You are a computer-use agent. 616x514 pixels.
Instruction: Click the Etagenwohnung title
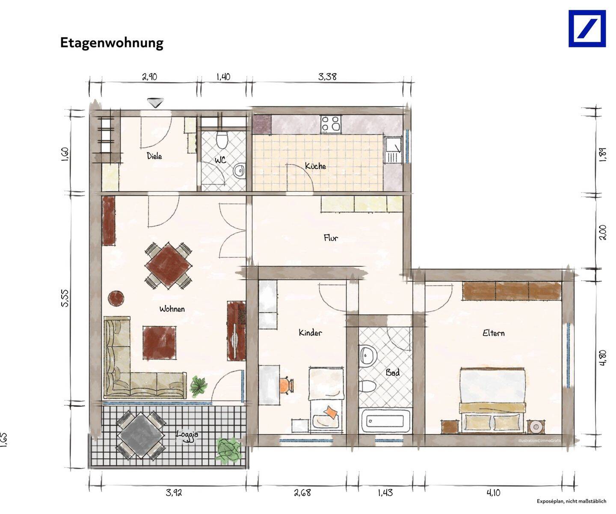coord(112,43)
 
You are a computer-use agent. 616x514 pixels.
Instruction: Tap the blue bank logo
coord(587,29)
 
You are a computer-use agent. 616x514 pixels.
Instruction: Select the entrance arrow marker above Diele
coord(155,103)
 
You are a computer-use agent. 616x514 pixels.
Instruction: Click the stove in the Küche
coord(331,124)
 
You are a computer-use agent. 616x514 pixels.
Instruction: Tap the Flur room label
coord(331,238)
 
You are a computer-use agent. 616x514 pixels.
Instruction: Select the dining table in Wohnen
coord(168,266)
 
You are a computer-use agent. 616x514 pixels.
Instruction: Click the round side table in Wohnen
coord(116,298)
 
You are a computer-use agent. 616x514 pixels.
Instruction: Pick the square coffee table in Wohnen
coord(159,343)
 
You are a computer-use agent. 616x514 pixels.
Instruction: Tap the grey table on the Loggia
coord(141,435)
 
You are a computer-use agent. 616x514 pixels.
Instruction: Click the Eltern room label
coord(493,333)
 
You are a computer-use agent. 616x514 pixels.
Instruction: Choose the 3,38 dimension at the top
coord(327,77)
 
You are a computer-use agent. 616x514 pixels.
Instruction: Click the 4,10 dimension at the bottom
coord(493,493)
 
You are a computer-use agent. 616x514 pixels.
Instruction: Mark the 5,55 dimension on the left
coord(65,298)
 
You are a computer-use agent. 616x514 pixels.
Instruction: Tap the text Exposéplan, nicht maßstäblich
coord(572,501)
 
